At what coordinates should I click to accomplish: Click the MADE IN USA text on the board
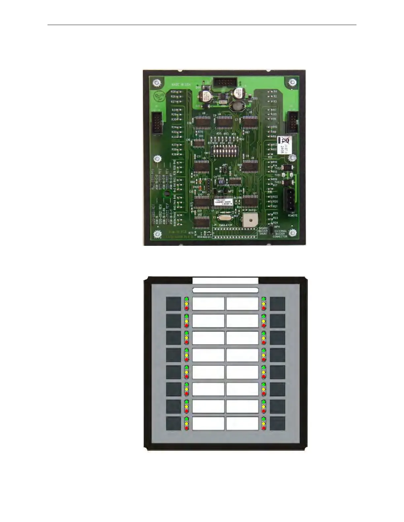(x=181, y=85)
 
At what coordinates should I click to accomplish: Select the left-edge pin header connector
(x=157, y=124)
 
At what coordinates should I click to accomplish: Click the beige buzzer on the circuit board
(x=249, y=219)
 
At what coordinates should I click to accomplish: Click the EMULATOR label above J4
(x=226, y=225)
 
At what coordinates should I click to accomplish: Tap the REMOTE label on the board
(x=292, y=216)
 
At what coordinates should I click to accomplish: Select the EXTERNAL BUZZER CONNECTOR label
(x=281, y=234)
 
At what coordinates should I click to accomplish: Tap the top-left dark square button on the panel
(x=173, y=304)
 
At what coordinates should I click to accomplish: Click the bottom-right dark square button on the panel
(x=277, y=423)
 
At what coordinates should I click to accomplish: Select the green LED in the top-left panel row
(x=186, y=299)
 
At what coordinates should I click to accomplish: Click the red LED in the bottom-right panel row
(x=264, y=428)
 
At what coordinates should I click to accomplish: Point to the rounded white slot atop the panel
(x=225, y=290)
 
